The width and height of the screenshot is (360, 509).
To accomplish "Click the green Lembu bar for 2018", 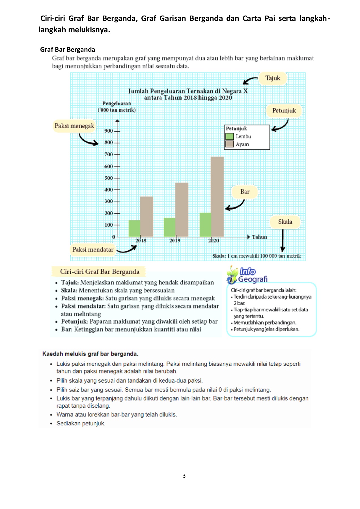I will click(x=134, y=228).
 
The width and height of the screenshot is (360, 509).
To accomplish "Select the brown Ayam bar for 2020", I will click(x=217, y=197).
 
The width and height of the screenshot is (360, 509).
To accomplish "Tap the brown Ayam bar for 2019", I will click(x=182, y=210).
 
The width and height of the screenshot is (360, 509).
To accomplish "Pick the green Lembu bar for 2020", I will click(x=205, y=225).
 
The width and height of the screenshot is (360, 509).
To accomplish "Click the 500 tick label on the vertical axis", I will click(x=109, y=178).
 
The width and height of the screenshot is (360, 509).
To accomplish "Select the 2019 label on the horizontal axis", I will click(x=175, y=241).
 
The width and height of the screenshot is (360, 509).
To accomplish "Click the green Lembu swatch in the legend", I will click(x=229, y=136).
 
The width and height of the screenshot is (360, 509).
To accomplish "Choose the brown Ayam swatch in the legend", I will click(x=229, y=144).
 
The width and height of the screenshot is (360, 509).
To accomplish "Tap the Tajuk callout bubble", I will click(x=273, y=78).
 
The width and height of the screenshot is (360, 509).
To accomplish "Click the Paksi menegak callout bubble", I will click(x=74, y=126).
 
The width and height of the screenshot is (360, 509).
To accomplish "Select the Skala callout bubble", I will click(x=285, y=222).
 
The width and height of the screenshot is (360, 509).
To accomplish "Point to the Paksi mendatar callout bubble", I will click(x=93, y=250).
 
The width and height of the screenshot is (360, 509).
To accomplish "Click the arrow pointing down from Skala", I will click(x=283, y=240).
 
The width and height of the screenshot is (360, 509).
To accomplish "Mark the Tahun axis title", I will click(x=259, y=237).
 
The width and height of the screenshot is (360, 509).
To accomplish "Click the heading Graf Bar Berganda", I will click(x=68, y=50).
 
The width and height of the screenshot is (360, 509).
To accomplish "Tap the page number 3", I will click(x=184, y=476).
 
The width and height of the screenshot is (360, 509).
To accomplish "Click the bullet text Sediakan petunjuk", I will click(x=81, y=423).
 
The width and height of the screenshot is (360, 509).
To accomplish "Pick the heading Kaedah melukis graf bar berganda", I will click(x=90, y=354).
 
